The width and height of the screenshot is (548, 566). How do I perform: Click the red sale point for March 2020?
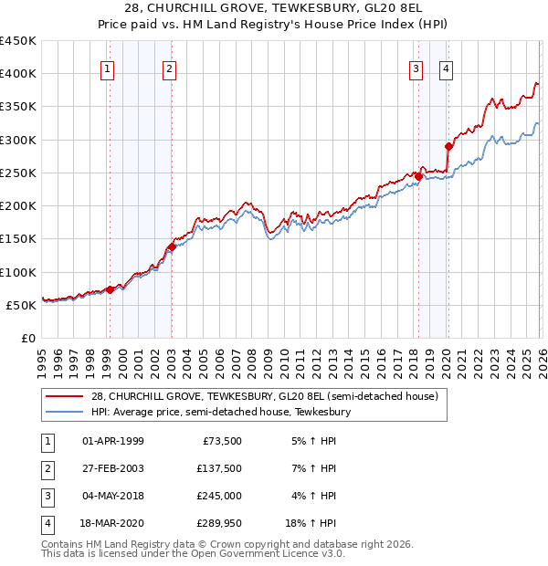448,146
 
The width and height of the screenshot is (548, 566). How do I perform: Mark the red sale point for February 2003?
172,246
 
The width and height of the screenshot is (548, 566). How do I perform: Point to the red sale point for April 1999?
110,289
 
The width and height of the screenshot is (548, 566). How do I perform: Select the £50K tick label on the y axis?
21,305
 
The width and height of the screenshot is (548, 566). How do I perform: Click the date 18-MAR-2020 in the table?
112,523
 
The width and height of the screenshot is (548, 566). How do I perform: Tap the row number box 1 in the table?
46,441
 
